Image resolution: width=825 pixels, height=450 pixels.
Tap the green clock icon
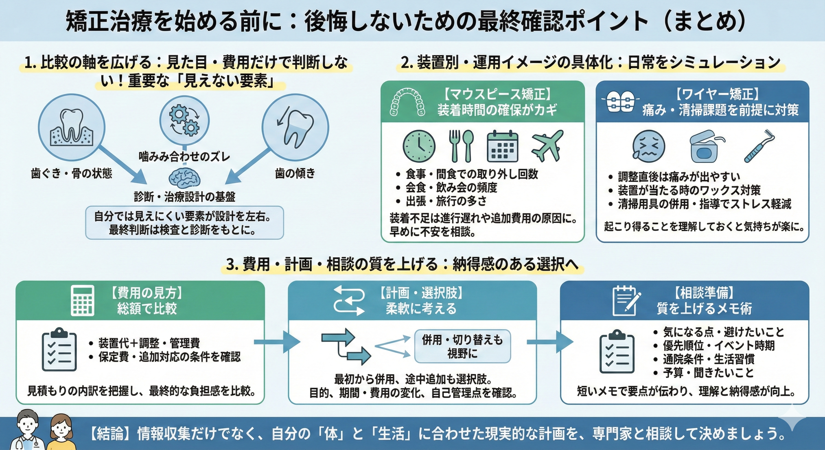tap(419, 146)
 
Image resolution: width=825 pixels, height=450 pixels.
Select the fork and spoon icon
tap(461, 146)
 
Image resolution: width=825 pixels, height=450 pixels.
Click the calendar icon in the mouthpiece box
tap(502, 146)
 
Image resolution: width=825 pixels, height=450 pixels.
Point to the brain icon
tap(185, 178)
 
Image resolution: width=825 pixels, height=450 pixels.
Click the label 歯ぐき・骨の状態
tap(71, 174)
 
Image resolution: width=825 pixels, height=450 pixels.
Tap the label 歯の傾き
tap(295, 174)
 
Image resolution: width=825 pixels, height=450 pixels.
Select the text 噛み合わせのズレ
tap(184, 157)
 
